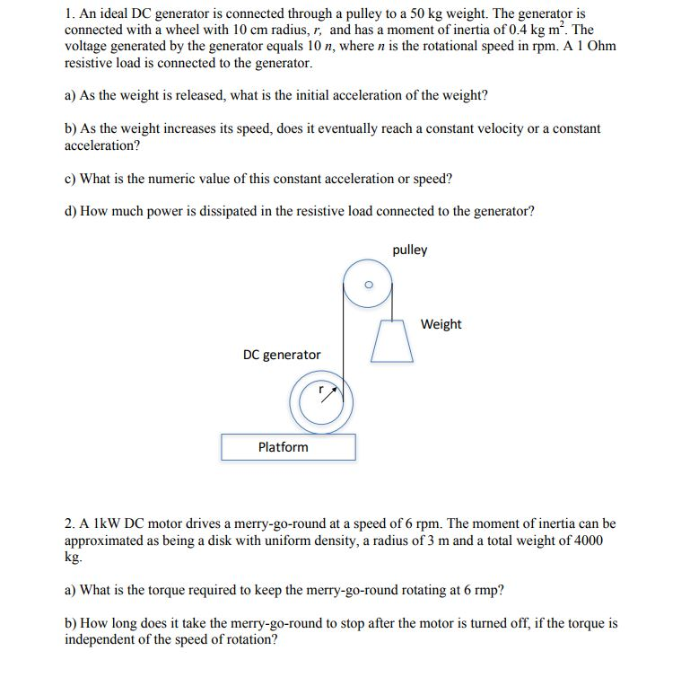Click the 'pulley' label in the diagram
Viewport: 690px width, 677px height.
tap(410, 251)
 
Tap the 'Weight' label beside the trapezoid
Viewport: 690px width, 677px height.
tap(441, 324)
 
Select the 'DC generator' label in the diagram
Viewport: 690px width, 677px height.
tap(282, 356)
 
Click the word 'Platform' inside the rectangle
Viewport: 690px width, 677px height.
tap(283, 447)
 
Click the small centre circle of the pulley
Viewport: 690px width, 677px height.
tap(366, 286)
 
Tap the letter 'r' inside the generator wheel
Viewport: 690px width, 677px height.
tap(319, 391)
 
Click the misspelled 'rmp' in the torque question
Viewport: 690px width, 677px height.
tap(485, 590)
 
